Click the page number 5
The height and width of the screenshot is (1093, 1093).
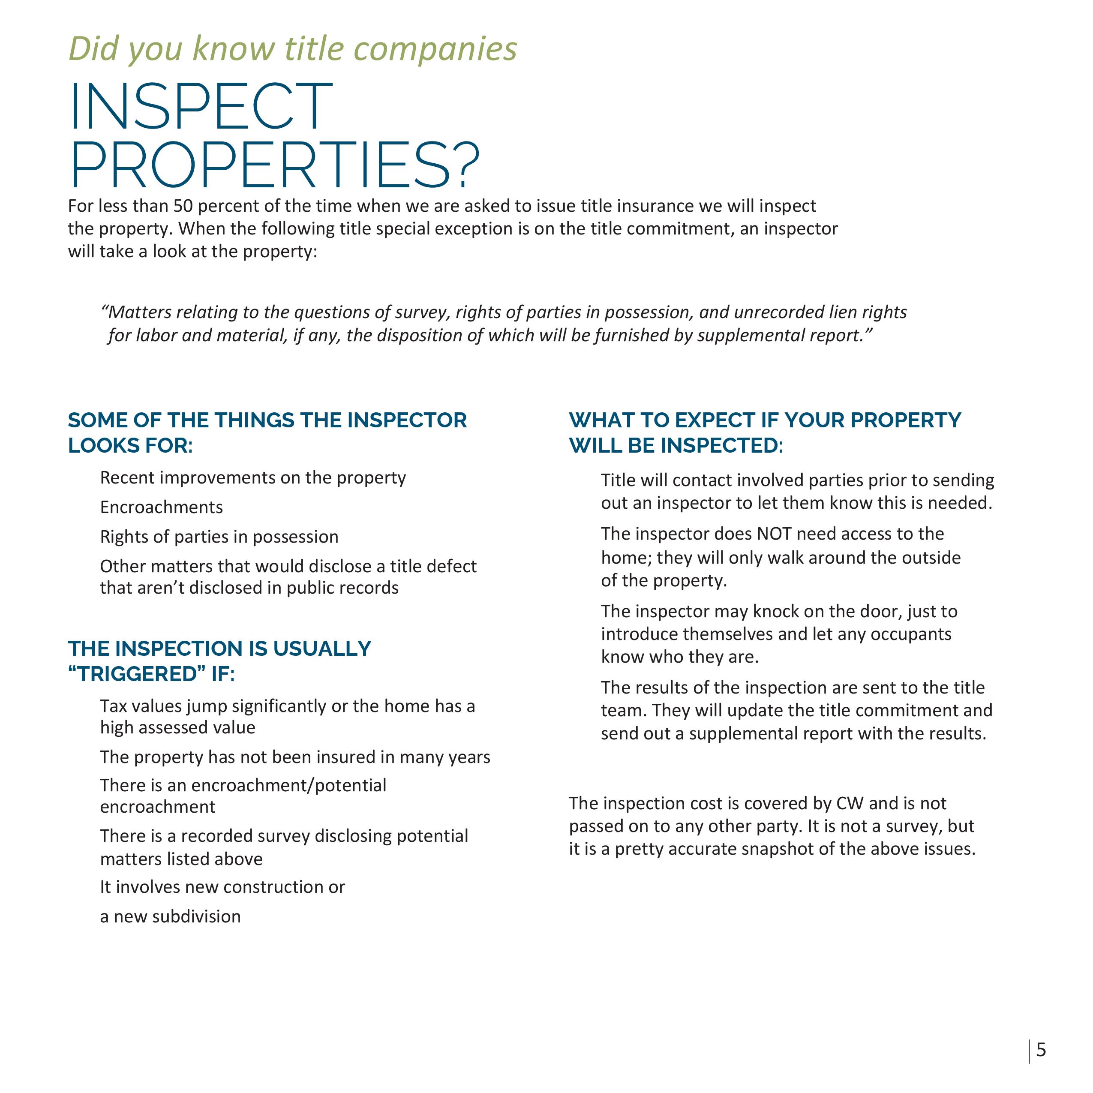pos(1042,1050)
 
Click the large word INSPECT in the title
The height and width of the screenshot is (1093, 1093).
pos(201,107)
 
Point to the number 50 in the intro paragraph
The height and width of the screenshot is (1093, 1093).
pos(183,206)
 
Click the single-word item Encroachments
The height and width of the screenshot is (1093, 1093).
pos(161,507)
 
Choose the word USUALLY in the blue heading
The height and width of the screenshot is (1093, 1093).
pos(322,649)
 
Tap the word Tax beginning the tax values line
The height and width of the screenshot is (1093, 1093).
pos(113,706)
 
